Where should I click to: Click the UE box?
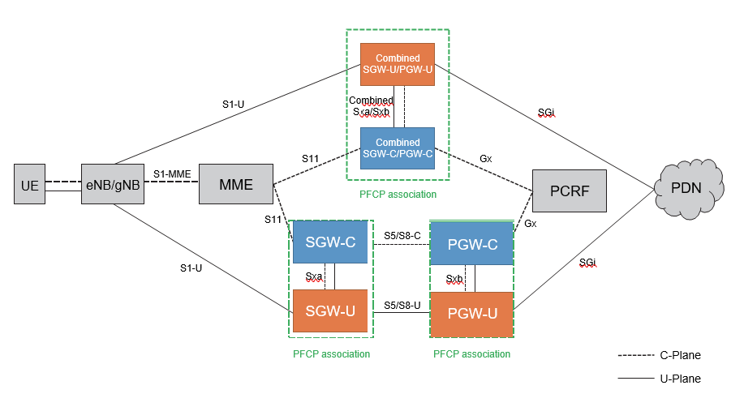click(x=30, y=186)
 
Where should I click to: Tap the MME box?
click(x=236, y=186)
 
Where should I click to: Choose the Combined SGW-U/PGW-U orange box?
click(x=398, y=64)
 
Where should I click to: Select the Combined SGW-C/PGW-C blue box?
click(x=398, y=148)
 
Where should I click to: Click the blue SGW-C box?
click(x=331, y=242)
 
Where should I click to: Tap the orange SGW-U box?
click(x=331, y=310)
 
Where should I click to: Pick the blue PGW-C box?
click(x=471, y=242)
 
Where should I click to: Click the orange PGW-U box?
click(x=471, y=314)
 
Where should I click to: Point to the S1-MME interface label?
click(x=172, y=173)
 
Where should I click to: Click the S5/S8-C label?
click(x=402, y=236)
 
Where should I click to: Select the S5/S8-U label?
click(x=402, y=305)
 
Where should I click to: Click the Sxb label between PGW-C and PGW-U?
click(x=455, y=278)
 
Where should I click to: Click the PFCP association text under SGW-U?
click(x=331, y=353)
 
